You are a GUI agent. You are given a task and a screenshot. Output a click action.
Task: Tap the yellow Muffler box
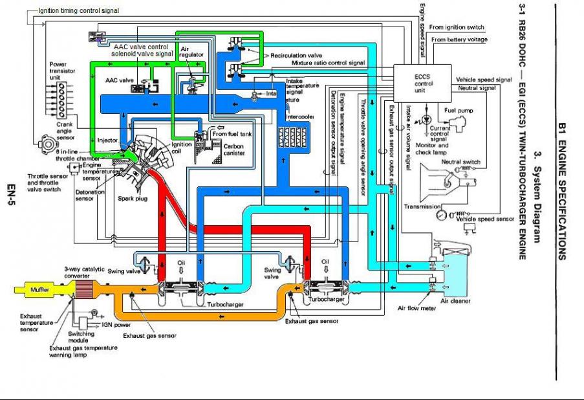click(x=41, y=289)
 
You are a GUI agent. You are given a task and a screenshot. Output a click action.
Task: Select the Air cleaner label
click(x=455, y=301)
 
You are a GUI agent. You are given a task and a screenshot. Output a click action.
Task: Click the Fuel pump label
click(x=459, y=111)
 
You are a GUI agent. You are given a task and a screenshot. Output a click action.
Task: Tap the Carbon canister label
click(x=233, y=151)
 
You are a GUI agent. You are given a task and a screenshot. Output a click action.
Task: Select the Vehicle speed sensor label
click(x=484, y=219)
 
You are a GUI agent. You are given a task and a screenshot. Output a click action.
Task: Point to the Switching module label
click(x=82, y=337)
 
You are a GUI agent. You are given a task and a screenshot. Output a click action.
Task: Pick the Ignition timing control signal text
click(x=78, y=11)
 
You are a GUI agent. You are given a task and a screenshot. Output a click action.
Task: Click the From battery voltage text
click(x=459, y=40)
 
